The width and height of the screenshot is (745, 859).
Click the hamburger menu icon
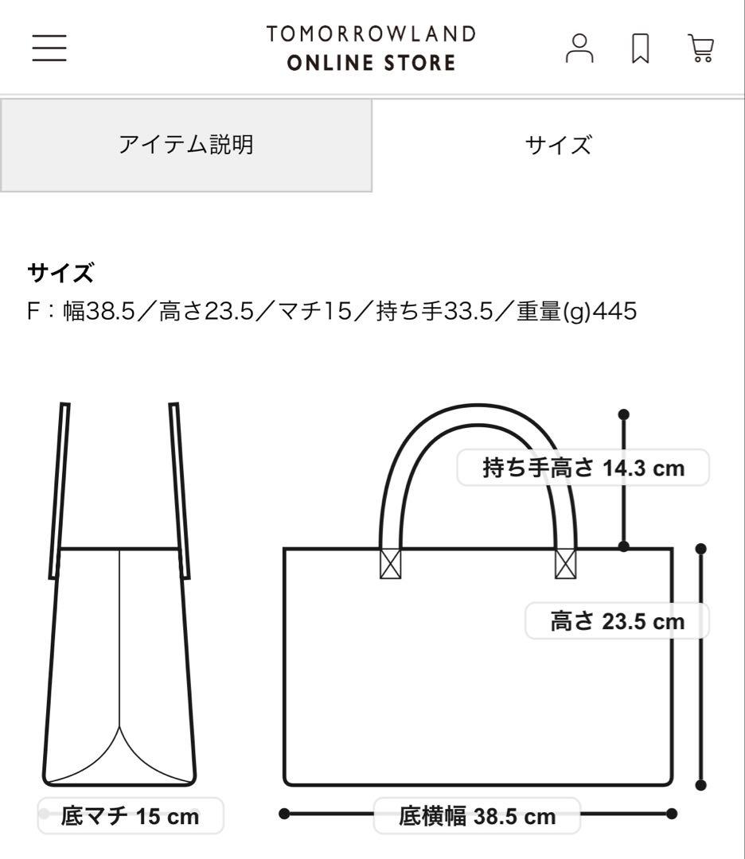pos(49,48)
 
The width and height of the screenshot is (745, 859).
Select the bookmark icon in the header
pos(641,49)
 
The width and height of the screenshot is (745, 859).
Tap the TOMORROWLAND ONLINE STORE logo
pos(372,48)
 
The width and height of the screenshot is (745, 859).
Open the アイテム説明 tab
pos(186,145)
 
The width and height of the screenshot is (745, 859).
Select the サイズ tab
pos(558,145)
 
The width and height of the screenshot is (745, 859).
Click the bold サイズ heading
pos(60,274)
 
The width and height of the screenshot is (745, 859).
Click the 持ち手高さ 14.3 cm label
pos(583,468)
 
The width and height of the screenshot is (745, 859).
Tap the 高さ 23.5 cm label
pos(617,620)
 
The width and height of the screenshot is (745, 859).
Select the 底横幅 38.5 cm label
pos(477,816)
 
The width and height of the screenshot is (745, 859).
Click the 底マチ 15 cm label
pos(130,816)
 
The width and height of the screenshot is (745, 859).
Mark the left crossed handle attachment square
pos(390,564)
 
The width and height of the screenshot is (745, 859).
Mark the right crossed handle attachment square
pos(565,564)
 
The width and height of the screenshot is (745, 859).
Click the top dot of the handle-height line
pos(624,414)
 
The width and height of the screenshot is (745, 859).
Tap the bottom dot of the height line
pos(701,785)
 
